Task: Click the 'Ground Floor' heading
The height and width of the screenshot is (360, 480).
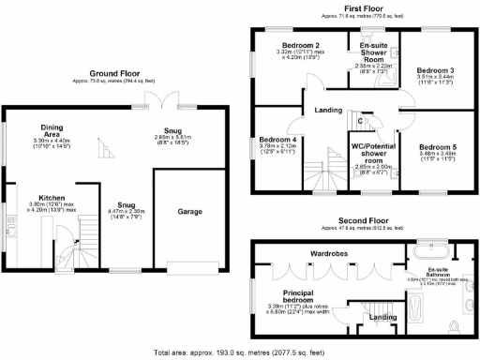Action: [x=116, y=73]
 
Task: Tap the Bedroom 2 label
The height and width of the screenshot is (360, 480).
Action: [x=301, y=46]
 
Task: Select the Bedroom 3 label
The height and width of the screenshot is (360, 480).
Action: [x=436, y=71]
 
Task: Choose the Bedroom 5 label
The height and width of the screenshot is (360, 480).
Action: [x=437, y=147]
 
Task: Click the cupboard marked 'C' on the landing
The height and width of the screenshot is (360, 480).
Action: [x=360, y=119]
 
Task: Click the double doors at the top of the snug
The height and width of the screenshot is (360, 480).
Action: [x=166, y=102]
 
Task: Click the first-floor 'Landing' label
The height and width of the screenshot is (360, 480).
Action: [x=327, y=111]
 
